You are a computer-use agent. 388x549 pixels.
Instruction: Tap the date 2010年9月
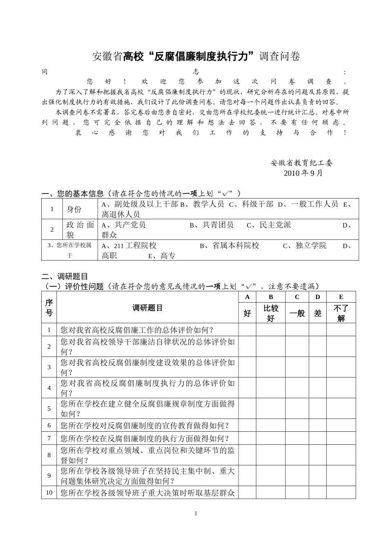pos(303,173)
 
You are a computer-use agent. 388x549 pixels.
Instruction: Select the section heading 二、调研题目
pos(65,277)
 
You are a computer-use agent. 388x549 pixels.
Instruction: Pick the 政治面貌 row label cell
pos(80,230)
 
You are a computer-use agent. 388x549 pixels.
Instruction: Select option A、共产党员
pos(123,225)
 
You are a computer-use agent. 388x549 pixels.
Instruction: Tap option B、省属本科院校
pos(229,245)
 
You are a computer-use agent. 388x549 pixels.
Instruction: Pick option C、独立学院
pos(305,245)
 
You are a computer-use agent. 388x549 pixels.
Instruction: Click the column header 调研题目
pos(147,308)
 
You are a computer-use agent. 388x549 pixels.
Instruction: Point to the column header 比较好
pos(271,313)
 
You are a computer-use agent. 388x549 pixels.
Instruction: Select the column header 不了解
pos(341,313)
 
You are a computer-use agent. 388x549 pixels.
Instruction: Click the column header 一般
pos(297,313)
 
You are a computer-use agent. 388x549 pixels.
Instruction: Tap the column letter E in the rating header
pos(341,297)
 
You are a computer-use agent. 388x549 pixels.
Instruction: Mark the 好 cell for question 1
pos(248,330)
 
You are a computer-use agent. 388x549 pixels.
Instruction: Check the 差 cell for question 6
pos(318,425)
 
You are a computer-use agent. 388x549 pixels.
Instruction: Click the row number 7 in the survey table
pos(49,438)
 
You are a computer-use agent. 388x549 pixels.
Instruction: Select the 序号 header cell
pos(49,308)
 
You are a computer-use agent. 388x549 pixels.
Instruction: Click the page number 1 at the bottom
pos(196,513)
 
